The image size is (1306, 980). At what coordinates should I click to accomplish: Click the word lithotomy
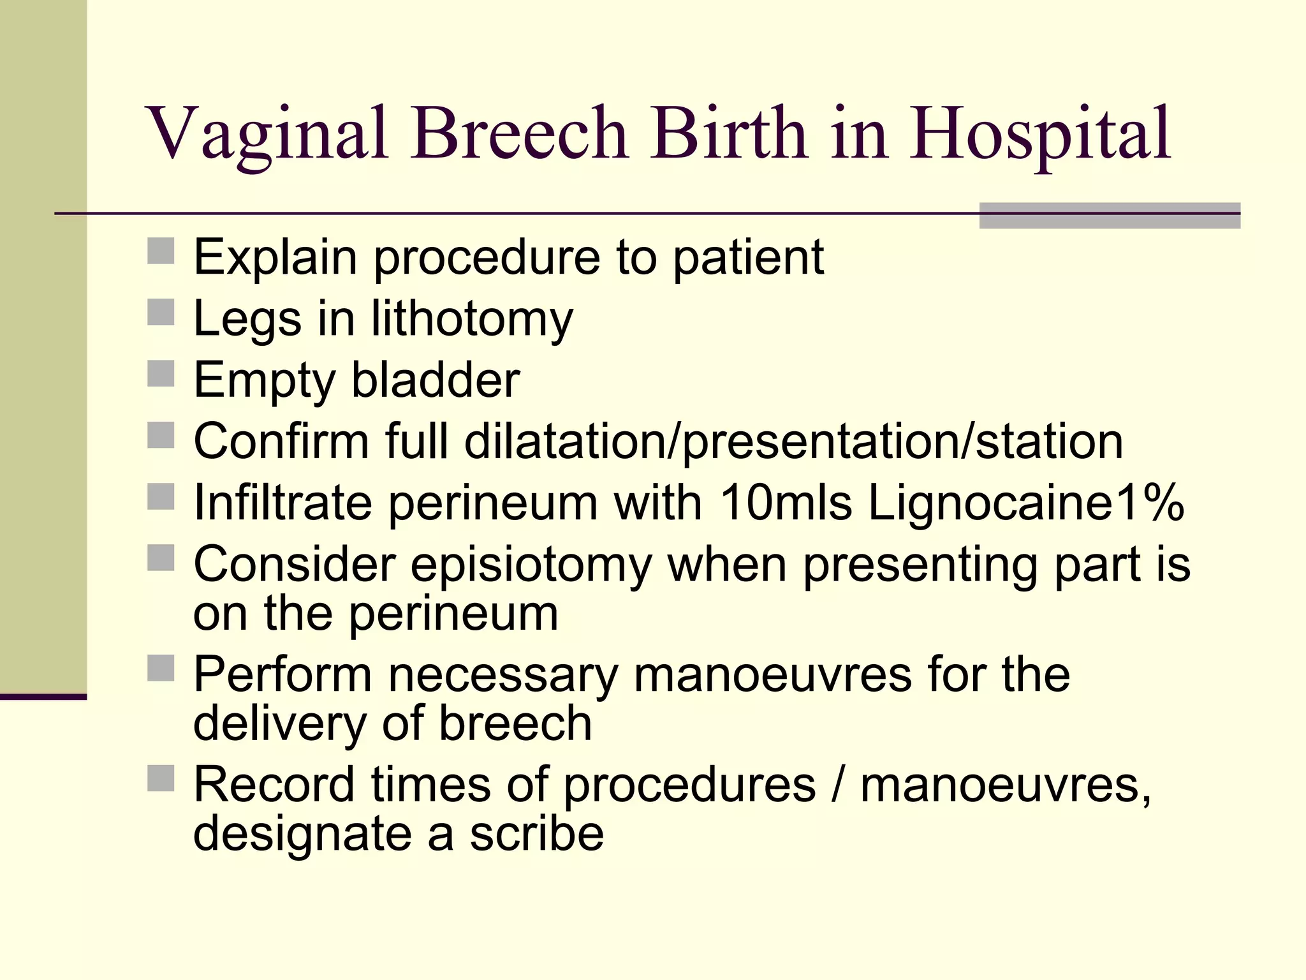point(472,319)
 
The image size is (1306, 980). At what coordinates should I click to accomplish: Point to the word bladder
point(436,380)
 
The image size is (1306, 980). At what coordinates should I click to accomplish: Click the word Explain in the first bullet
point(275,257)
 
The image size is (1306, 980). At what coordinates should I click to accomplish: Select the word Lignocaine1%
point(1026,503)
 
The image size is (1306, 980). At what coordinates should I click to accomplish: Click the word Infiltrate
point(282,503)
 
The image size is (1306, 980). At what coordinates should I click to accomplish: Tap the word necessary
point(503,674)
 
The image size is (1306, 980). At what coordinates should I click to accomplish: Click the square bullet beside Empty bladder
point(161,374)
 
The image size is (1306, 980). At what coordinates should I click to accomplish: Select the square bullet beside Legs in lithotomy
point(161,313)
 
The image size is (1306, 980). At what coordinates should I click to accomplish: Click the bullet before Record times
point(161,778)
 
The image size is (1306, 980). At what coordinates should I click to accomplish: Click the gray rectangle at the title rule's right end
point(1110,216)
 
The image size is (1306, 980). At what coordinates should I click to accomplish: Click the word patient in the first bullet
point(748,258)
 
